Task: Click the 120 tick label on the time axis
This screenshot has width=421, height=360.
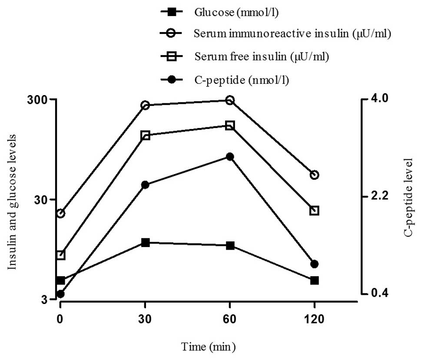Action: tap(314, 320)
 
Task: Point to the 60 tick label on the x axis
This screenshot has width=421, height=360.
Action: tap(229, 320)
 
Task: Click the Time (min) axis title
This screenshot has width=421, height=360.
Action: tap(209, 347)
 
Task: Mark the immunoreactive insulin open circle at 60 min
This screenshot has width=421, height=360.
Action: tap(230, 100)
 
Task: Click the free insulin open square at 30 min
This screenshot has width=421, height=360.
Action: tap(145, 135)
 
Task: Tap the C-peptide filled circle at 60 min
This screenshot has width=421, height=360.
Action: tap(230, 157)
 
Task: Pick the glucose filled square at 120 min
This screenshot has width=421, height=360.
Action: tap(314, 281)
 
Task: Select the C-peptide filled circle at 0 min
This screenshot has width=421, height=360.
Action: tap(60, 294)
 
